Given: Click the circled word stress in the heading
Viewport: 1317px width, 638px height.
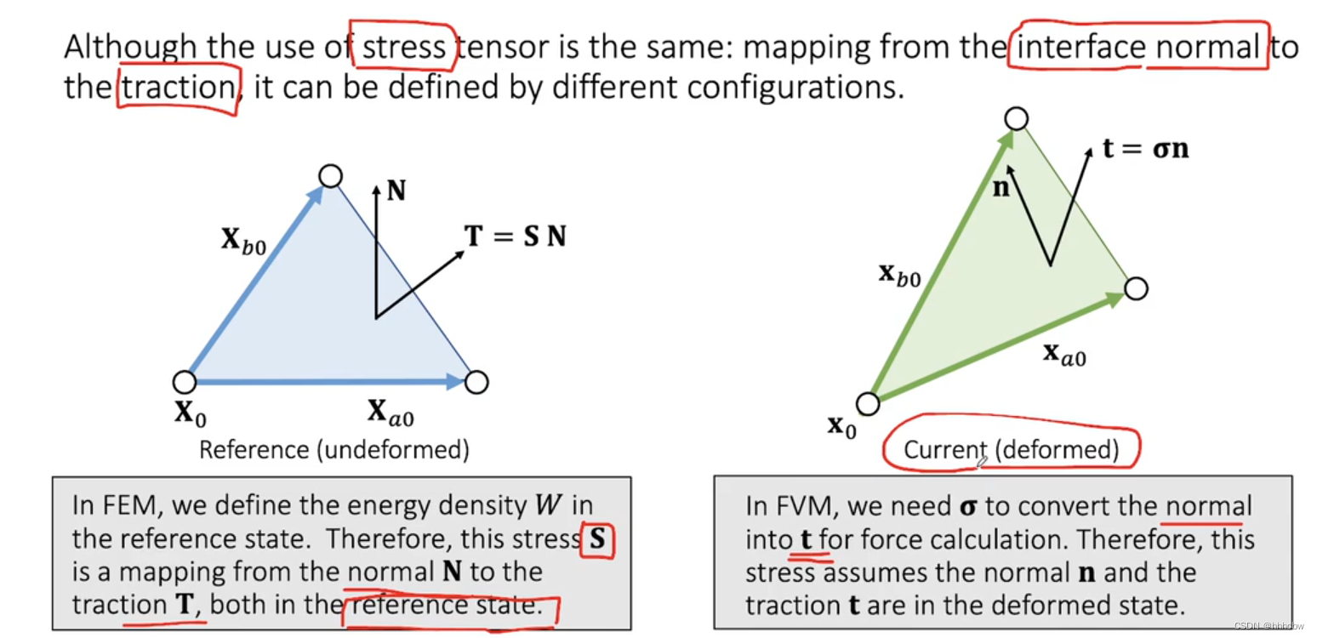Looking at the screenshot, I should tap(403, 47).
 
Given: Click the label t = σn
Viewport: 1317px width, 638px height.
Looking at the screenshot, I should tap(1146, 148).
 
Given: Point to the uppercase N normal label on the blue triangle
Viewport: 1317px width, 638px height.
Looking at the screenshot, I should tap(396, 191).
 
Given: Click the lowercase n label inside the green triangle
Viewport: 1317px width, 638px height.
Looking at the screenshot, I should tap(1001, 188).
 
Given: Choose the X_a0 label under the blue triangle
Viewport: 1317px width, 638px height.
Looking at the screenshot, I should tap(391, 413).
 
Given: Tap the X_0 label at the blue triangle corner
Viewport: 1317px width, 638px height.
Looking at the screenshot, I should tap(191, 414).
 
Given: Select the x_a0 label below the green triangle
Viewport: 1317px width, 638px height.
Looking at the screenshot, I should tap(1064, 353).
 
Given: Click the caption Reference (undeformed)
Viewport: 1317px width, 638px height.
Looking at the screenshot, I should tap(334, 449).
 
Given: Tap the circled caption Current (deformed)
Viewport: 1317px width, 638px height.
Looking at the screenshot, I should tap(1011, 449).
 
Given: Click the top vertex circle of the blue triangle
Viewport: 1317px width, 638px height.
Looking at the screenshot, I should tap(330, 176).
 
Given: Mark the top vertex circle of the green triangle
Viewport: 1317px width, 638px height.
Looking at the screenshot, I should tap(1016, 118).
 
